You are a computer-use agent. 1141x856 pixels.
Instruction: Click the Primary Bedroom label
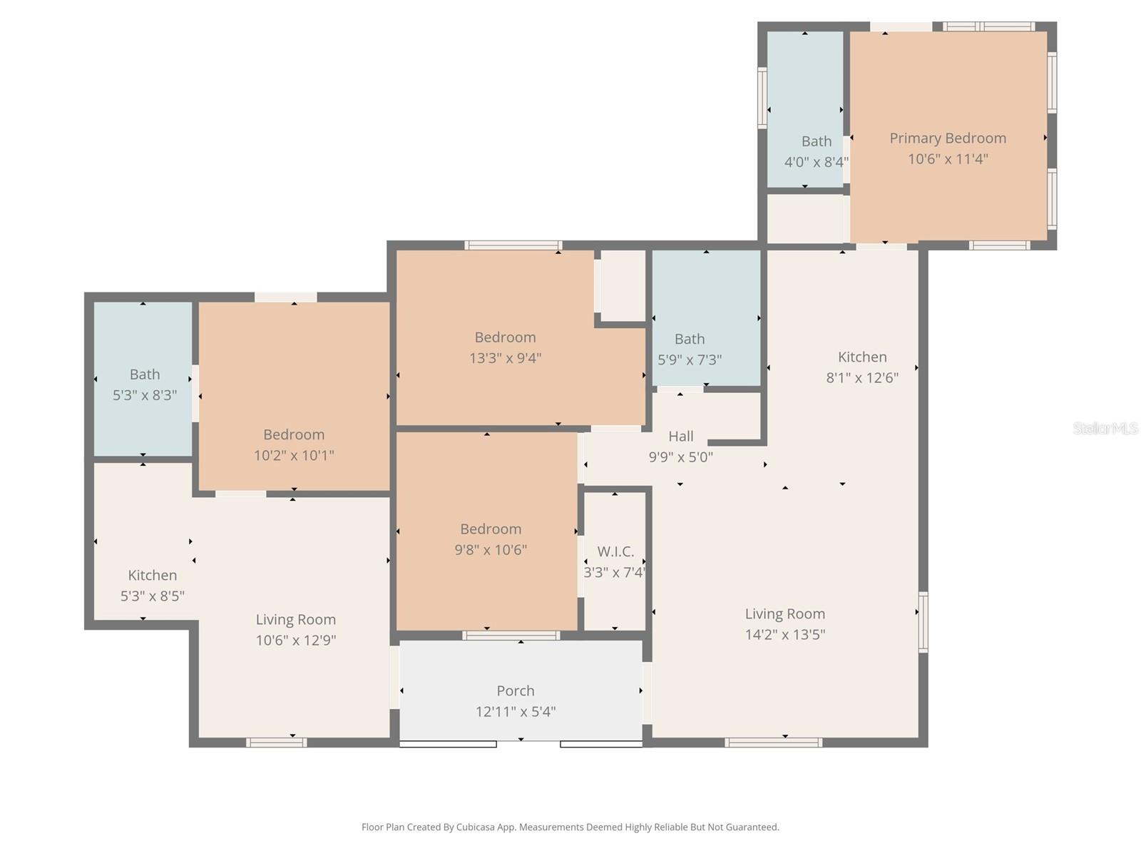click(x=948, y=138)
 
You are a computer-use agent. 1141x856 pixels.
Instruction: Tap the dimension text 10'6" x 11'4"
click(x=948, y=159)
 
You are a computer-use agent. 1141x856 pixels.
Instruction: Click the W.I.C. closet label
click(x=615, y=551)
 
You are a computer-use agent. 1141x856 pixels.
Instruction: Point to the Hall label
click(x=681, y=436)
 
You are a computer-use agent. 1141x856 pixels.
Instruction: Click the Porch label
click(x=516, y=691)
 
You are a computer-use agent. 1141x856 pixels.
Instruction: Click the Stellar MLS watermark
click(x=1105, y=428)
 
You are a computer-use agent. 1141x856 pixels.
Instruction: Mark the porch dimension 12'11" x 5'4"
click(x=516, y=711)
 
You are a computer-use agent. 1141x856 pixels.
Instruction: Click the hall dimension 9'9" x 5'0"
click(x=680, y=457)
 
